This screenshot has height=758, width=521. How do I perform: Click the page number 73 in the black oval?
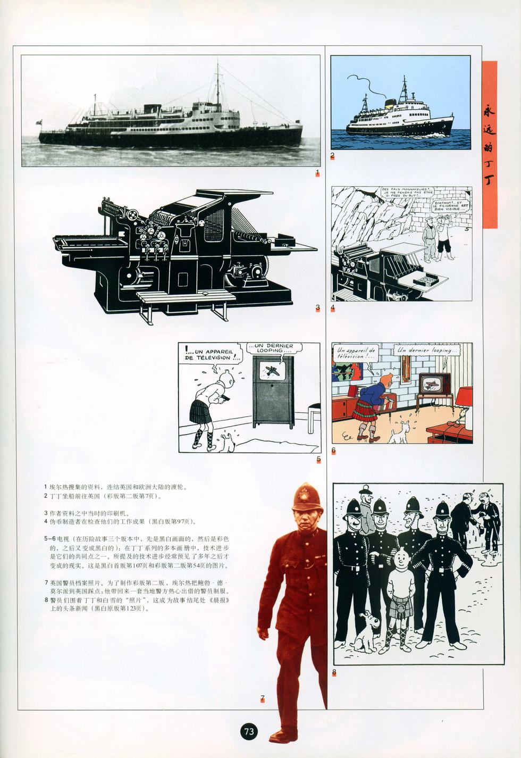249,731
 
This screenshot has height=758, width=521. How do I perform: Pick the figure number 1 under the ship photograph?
317,172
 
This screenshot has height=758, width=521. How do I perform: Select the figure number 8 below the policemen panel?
334,672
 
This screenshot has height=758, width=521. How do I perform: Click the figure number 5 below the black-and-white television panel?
318,459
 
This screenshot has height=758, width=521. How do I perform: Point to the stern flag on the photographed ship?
38,122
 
